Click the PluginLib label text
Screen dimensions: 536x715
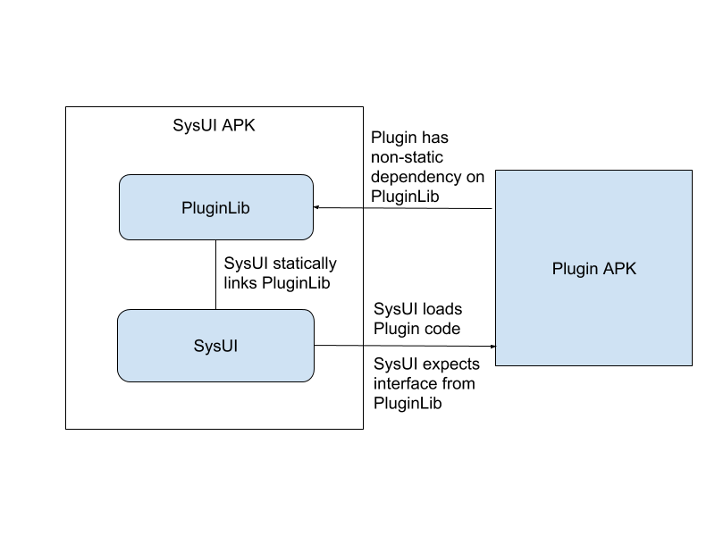(x=215, y=208)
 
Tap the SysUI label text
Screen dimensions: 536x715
(x=215, y=346)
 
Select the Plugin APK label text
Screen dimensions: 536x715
(x=594, y=268)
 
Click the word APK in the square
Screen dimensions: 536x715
(x=620, y=268)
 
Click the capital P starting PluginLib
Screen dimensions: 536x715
(x=186, y=208)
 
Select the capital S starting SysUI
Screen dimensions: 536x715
(x=198, y=346)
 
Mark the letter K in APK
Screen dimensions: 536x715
(x=631, y=268)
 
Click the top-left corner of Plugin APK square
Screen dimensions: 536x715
(x=497, y=172)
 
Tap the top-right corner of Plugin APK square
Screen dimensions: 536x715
(x=691, y=172)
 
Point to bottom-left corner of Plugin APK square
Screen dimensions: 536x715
(x=497, y=364)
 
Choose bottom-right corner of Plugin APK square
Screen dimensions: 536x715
(x=691, y=364)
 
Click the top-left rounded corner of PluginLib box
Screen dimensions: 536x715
(x=123, y=179)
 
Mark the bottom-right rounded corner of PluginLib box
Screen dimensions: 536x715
(x=309, y=236)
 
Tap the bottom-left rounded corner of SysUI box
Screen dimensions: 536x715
(x=122, y=378)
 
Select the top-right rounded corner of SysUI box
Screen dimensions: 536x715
(x=310, y=314)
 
